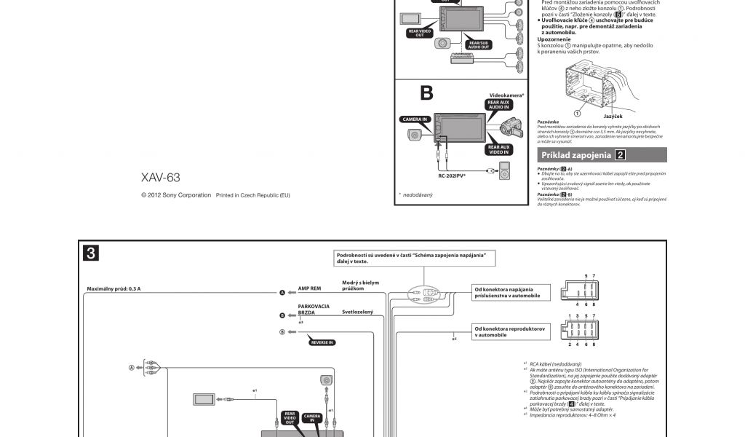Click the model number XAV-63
160,178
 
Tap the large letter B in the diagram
426,93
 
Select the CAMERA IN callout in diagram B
415,119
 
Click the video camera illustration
509,129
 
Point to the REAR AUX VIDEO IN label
500,149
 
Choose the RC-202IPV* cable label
453,176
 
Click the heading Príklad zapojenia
576,155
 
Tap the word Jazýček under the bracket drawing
613,116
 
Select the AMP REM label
309,288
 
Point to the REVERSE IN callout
320,342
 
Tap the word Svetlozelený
357,312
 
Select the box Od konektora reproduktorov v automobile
509,332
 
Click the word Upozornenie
554,40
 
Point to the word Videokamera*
506,95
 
